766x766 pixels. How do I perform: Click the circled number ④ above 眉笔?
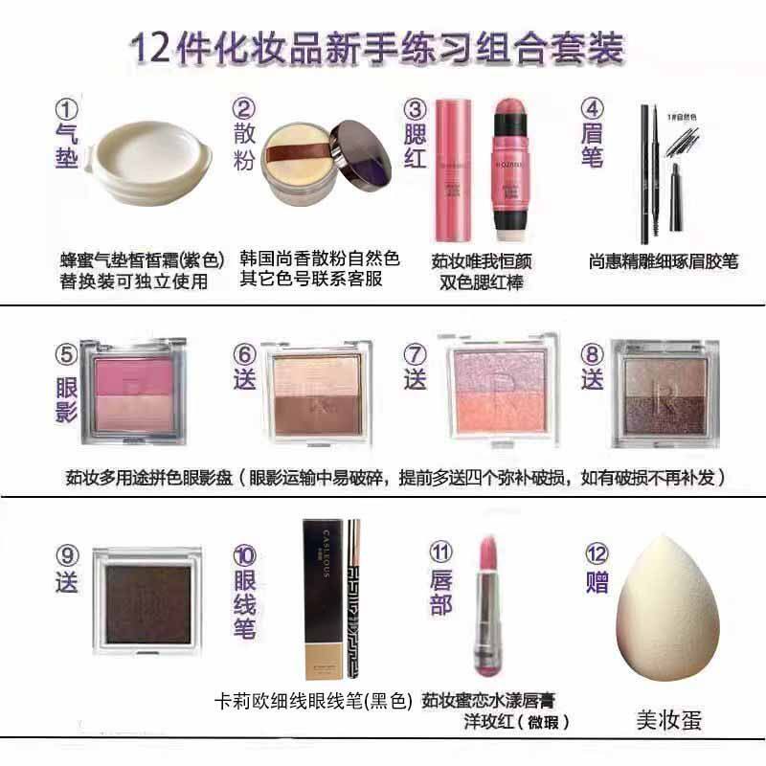[594, 112]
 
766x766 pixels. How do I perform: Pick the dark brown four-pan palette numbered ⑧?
[664, 394]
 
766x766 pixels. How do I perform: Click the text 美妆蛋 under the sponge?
[669, 719]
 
